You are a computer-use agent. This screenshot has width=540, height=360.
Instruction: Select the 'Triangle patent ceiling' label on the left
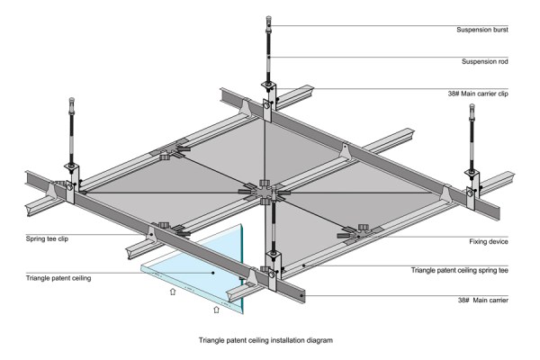pyautogui.click(x=58, y=279)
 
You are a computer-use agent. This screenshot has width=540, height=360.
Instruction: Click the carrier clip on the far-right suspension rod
pyautogui.click(x=472, y=176)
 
